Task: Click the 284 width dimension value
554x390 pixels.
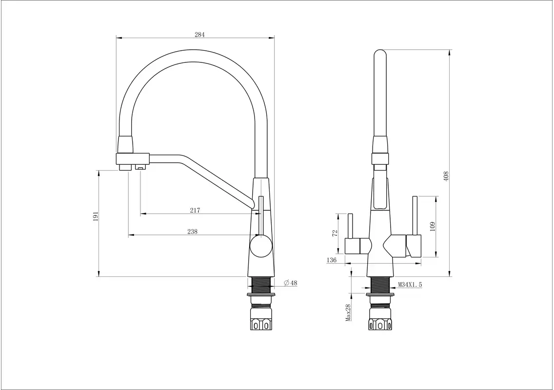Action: [x=199, y=35]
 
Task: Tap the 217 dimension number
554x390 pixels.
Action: [x=195, y=211]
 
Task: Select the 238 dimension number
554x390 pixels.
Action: [x=192, y=232]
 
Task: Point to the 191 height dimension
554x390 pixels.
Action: [x=96, y=216]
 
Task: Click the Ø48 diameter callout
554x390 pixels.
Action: [x=291, y=283]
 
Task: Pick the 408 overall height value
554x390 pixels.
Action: [x=446, y=176]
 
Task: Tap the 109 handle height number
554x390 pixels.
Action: [x=433, y=226]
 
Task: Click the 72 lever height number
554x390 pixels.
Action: [x=336, y=233]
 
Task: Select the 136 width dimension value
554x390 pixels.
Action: [x=332, y=260]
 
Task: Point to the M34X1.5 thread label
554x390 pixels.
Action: [x=410, y=284]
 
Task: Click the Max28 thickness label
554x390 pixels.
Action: [x=348, y=312]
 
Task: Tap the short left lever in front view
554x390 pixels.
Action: [x=351, y=226]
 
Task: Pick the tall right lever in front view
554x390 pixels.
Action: [x=415, y=215]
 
